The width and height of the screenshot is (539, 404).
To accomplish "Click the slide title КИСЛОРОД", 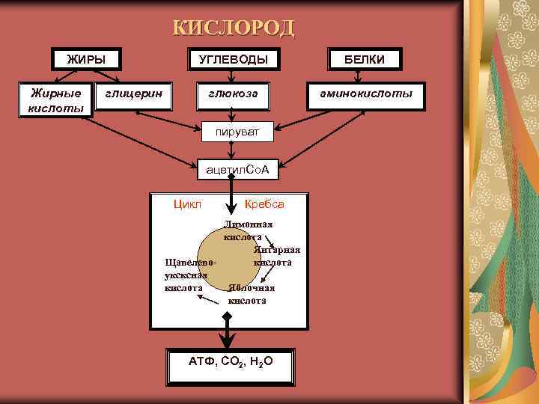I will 234,28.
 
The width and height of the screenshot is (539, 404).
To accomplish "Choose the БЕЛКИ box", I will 365,59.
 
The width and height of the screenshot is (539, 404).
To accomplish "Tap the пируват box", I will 238,132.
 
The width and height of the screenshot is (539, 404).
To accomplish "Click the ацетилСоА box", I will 238,172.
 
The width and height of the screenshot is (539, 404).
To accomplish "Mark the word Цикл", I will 187,204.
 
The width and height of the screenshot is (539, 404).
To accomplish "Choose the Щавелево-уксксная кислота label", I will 187,275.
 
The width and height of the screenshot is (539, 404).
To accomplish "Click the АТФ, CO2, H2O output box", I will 231,361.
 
